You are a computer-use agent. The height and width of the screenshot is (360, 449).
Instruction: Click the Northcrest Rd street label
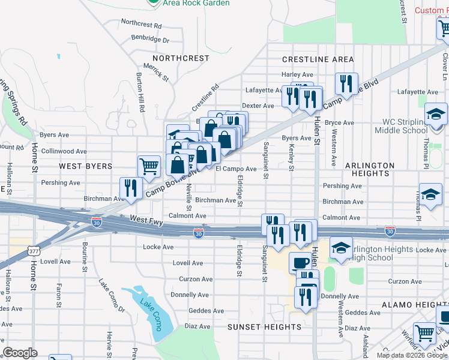(141, 26)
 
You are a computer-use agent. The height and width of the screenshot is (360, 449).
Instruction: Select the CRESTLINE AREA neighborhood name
(318, 59)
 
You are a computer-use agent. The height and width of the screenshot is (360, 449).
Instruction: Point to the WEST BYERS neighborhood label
(85, 166)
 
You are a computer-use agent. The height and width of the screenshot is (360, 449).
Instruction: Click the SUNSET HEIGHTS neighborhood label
(264, 327)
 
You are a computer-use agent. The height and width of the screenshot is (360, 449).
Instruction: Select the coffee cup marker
(300, 262)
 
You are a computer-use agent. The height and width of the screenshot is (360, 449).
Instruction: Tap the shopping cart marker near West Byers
(149, 166)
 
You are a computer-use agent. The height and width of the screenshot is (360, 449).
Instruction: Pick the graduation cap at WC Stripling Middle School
(436, 114)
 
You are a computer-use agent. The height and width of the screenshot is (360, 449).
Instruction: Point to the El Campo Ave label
(236, 169)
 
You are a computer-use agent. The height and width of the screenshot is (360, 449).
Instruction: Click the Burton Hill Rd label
(140, 92)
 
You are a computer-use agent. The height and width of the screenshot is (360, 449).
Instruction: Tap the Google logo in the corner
(20, 353)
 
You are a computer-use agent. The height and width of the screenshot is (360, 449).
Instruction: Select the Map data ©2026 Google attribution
(411, 355)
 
